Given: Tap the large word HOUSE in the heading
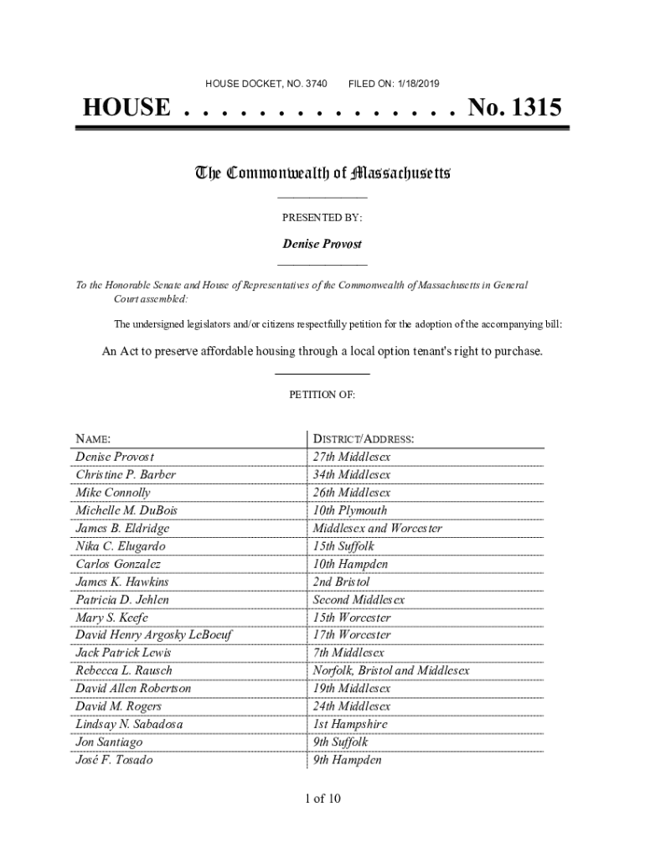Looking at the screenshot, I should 126,108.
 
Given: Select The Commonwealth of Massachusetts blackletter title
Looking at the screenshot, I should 322,174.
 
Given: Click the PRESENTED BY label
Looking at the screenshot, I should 322,218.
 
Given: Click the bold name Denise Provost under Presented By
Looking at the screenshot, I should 322,244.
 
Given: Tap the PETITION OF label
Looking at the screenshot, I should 322,394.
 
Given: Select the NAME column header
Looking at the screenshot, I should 92,439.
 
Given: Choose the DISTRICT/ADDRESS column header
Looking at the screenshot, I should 364,439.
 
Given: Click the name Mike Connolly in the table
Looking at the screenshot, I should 113,493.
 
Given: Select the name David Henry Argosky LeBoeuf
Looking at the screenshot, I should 153,635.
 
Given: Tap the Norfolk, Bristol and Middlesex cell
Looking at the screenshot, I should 391,670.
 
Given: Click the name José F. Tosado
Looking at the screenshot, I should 114,760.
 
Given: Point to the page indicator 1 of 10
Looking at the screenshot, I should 322,799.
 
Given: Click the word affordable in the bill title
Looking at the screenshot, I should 231,351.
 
